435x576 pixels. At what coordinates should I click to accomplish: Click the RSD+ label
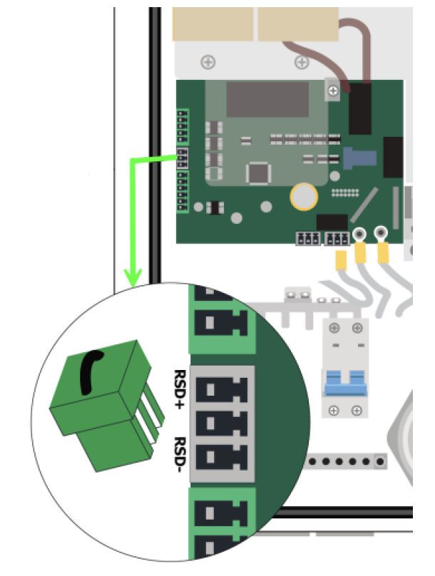pyautogui.click(x=180, y=389)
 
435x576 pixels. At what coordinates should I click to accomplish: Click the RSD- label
pyautogui.click(x=180, y=454)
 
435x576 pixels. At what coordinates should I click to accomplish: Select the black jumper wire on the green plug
pyautogui.click(x=90, y=371)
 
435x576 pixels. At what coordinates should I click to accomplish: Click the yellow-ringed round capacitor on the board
pyautogui.click(x=304, y=197)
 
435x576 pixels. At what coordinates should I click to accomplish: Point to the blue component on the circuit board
pyautogui.click(x=359, y=158)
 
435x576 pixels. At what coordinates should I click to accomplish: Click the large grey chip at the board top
pyautogui.click(x=267, y=99)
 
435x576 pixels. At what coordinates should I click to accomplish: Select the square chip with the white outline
pyautogui.click(x=259, y=173)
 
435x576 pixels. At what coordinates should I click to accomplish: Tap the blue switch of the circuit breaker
pyautogui.click(x=345, y=383)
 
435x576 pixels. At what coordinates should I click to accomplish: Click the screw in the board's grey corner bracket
pyautogui.click(x=333, y=91)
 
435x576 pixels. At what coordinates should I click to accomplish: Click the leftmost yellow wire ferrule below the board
pyautogui.click(x=341, y=260)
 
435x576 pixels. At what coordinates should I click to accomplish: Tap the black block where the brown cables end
pyautogui.click(x=359, y=109)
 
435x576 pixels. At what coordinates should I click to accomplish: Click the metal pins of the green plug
pyautogui.click(x=153, y=412)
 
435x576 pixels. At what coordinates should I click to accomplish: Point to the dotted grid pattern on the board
pyautogui.click(x=345, y=192)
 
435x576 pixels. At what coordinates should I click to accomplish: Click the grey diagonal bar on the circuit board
pyautogui.click(x=364, y=205)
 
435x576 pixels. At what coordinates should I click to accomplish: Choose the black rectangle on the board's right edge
pyautogui.click(x=393, y=158)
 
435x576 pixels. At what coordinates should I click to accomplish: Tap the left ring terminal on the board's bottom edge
pyautogui.click(x=359, y=234)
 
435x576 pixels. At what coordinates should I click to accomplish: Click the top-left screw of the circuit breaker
pyautogui.click(x=334, y=328)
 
